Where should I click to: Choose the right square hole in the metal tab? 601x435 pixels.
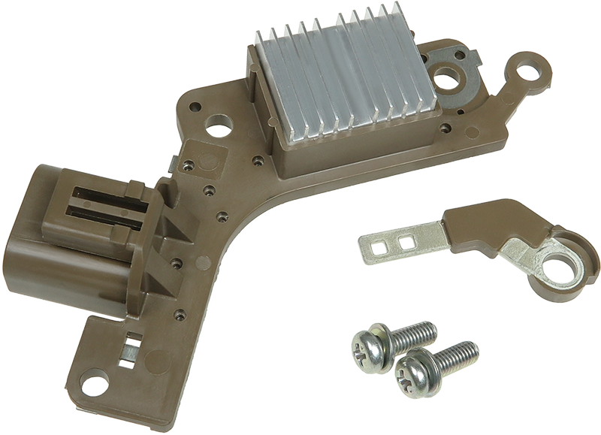pyautogui.click(x=407, y=242)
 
